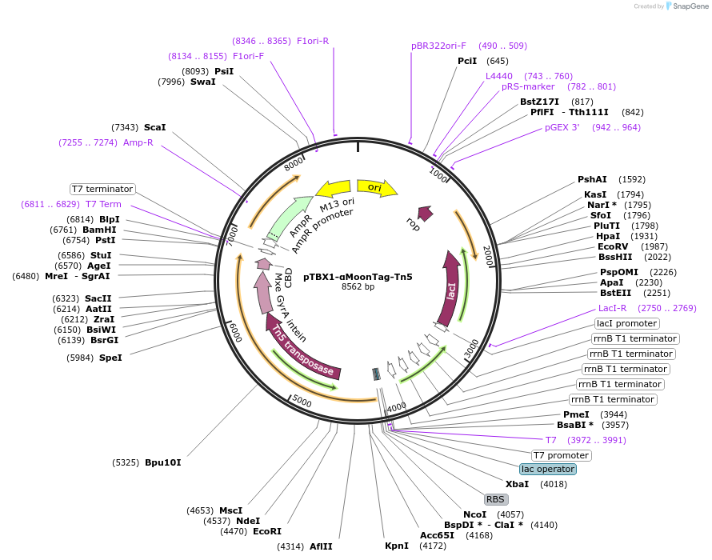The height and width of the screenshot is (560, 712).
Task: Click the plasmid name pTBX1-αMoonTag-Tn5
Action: click(358, 277)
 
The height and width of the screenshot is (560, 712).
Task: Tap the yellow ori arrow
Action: click(377, 187)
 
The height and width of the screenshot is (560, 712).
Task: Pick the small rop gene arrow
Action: click(425, 213)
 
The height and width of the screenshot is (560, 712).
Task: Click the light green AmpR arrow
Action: click(290, 217)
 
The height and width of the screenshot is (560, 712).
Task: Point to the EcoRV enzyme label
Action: click(613, 246)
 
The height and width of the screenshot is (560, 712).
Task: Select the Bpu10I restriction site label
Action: click(162, 462)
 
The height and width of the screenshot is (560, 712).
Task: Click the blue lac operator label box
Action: click(548, 469)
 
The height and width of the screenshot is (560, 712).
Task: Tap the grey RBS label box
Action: click(495, 499)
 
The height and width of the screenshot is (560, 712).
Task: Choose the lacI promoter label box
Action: click(626, 323)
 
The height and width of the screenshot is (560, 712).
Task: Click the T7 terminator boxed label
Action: click(102, 189)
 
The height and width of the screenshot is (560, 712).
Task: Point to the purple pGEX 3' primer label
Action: click(562, 127)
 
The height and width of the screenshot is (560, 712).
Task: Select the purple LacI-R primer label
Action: click(612, 308)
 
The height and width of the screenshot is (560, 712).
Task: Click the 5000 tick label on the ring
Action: click(302, 401)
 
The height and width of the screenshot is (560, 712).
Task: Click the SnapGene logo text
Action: click(690, 6)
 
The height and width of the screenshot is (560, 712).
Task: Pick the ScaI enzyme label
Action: click(155, 127)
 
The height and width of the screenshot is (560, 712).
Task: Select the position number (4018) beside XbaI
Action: click(554, 484)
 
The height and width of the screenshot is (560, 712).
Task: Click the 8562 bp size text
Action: click(358, 286)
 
